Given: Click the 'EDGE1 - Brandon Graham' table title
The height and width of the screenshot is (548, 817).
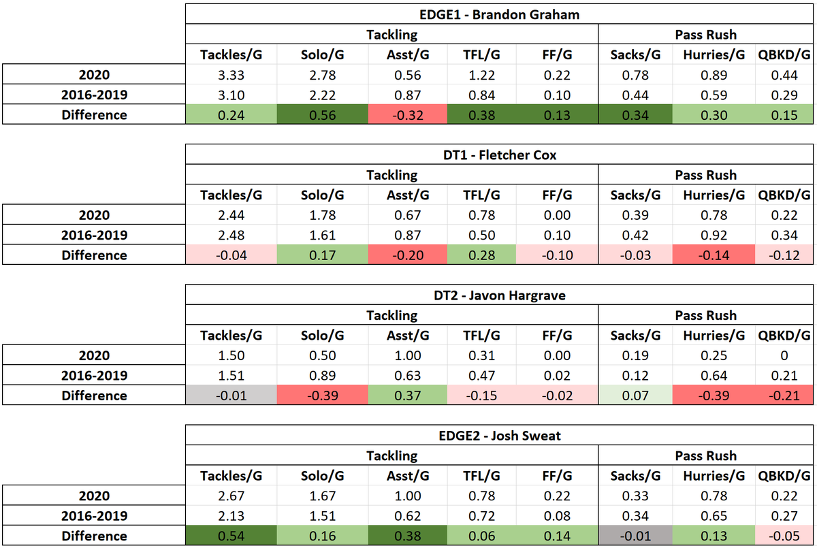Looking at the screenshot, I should [x=500, y=14].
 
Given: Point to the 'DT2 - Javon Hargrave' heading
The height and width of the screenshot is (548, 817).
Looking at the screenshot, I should [x=500, y=295].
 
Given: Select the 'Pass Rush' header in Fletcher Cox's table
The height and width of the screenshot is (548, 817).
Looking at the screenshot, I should [x=705, y=175].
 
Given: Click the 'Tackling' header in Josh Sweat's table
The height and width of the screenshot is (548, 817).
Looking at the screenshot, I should [x=391, y=455].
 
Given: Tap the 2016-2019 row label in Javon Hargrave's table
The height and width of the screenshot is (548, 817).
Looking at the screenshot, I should [x=94, y=376].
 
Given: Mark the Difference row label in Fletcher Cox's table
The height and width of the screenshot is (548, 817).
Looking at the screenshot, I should [x=94, y=255].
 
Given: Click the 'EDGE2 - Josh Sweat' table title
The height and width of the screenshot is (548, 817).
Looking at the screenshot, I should [x=500, y=436].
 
